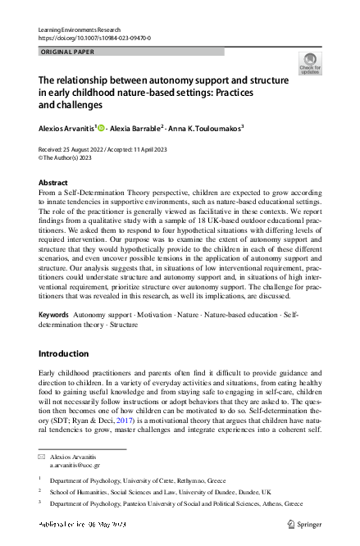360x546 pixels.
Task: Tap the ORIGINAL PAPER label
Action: (67, 52)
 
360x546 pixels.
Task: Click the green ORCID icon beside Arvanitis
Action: (102, 129)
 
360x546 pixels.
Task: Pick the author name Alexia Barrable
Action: (138, 129)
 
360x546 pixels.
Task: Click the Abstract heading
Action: (54, 183)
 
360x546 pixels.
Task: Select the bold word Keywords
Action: (53, 315)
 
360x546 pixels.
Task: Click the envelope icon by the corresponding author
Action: (43, 455)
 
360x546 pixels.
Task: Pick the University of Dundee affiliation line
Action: (164, 492)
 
